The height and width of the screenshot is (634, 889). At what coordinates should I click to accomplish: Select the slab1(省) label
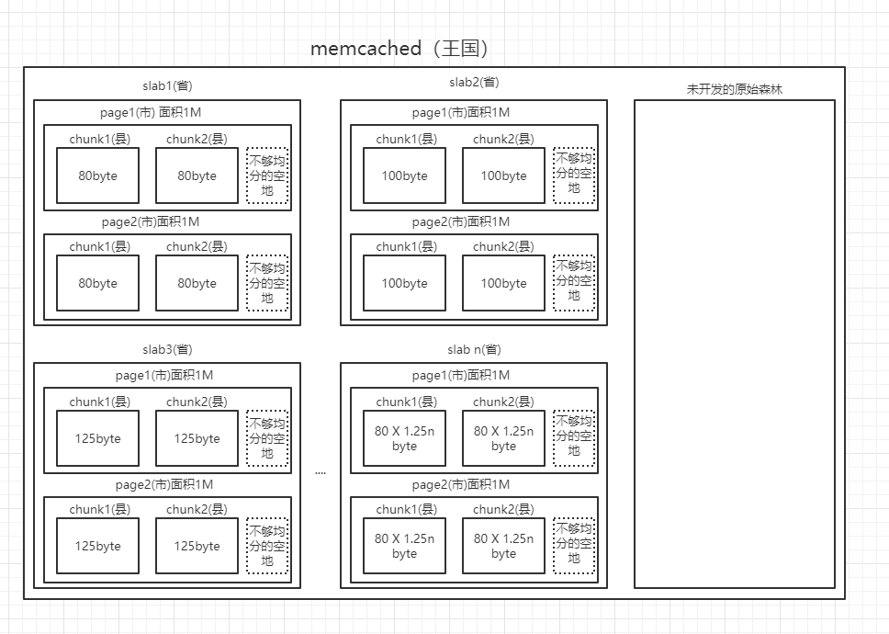pyautogui.click(x=167, y=85)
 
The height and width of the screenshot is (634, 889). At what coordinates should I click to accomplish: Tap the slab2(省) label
pyautogui.click(x=474, y=82)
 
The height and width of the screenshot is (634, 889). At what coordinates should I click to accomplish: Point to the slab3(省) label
pyautogui.click(x=167, y=349)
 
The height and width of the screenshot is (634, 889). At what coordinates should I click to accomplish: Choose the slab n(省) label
pyautogui.click(x=474, y=349)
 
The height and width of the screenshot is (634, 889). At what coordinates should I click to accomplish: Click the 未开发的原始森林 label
pyautogui.click(x=735, y=89)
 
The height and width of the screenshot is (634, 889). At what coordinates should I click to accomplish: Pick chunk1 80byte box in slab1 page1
pyautogui.click(x=97, y=175)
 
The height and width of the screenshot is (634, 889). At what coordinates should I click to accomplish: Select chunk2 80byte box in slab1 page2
pyautogui.click(x=197, y=283)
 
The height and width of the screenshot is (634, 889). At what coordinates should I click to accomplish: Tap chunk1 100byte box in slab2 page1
pyautogui.click(x=404, y=175)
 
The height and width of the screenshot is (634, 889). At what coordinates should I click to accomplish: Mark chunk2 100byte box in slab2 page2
pyautogui.click(x=503, y=283)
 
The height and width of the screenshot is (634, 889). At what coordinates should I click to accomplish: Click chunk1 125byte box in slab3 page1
pyautogui.click(x=97, y=438)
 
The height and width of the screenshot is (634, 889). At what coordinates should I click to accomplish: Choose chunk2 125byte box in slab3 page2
pyautogui.click(x=197, y=546)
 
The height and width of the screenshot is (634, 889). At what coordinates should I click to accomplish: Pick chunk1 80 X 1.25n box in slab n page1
pyautogui.click(x=404, y=438)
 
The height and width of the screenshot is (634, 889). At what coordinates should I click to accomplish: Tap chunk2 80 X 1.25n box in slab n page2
pyautogui.click(x=503, y=546)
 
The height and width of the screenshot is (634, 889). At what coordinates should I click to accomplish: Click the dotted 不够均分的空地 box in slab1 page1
pyautogui.click(x=267, y=175)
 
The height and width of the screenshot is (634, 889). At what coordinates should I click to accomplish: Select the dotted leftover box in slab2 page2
pyautogui.click(x=574, y=283)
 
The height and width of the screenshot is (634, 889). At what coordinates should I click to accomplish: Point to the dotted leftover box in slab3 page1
pyautogui.click(x=267, y=438)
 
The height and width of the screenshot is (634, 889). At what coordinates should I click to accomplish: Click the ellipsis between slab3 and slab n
pyautogui.click(x=320, y=472)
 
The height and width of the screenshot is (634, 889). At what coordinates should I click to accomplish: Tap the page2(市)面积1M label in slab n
pyautogui.click(x=461, y=484)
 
